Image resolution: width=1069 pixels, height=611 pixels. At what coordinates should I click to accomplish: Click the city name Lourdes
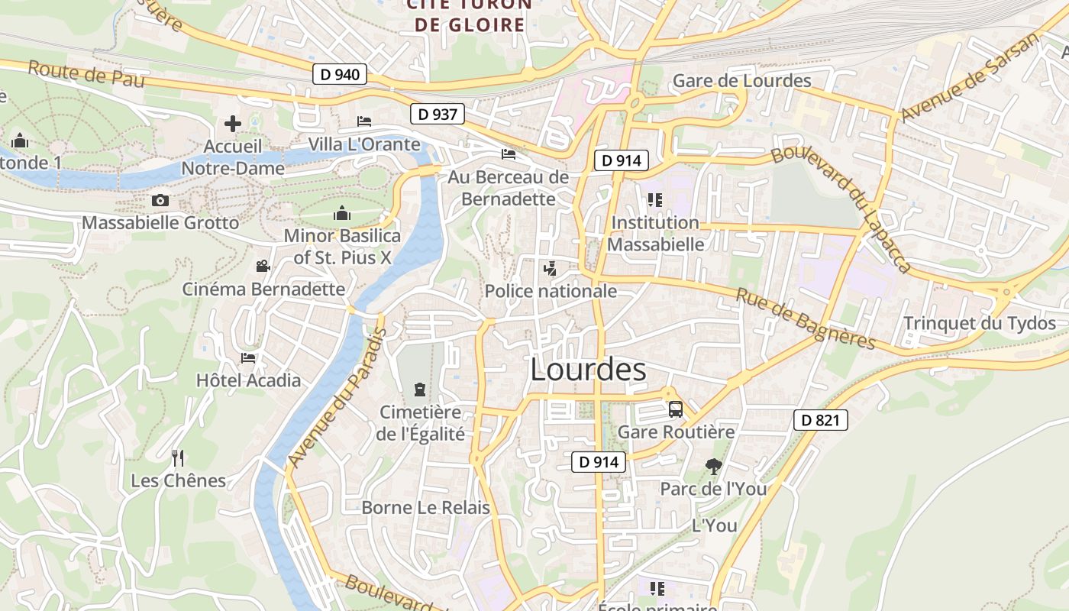[x=588, y=370]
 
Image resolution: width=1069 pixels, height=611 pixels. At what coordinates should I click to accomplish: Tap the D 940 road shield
[x=340, y=75]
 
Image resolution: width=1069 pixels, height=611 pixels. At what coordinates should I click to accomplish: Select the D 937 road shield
[x=438, y=115]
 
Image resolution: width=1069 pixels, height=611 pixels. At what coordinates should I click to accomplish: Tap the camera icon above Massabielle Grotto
[x=160, y=201]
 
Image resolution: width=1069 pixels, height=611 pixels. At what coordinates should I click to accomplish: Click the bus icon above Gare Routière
[x=676, y=409]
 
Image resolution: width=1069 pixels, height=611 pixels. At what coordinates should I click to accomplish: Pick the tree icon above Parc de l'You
[x=713, y=466]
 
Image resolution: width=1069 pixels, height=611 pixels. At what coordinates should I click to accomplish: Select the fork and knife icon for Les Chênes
[x=178, y=458]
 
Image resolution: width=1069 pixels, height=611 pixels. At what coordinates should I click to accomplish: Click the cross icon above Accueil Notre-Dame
[x=233, y=124]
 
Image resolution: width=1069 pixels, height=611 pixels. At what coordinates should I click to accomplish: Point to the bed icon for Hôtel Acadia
[x=248, y=357]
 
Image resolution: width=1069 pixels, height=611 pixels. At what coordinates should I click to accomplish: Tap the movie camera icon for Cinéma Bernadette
[x=263, y=266]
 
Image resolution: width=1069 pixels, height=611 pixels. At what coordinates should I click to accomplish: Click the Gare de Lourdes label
[x=741, y=81]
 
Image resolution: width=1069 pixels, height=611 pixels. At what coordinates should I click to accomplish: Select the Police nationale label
[x=551, y=291]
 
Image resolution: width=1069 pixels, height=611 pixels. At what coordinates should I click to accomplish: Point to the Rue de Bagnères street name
[x=805, y=318]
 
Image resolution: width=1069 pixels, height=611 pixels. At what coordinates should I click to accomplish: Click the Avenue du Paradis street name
[x=337, y=398]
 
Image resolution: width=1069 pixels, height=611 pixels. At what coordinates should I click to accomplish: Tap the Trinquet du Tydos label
[x=980, y=323]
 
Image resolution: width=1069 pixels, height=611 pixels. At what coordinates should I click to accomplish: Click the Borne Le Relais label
[x=425, y=507]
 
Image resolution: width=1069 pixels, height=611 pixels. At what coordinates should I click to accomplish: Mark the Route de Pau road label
[x=86, y=74]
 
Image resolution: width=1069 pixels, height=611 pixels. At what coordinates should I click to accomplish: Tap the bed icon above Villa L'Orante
[x=364, y=121]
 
